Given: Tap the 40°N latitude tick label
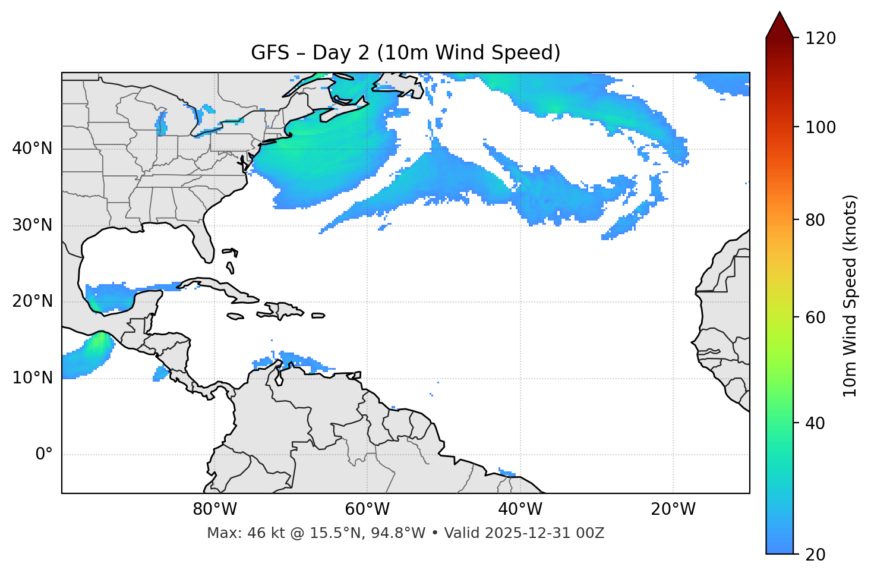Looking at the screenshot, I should [32, 149].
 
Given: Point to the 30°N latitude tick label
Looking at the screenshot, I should [32, 225].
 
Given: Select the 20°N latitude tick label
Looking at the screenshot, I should [32, 301].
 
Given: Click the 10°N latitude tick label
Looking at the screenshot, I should [32, 378].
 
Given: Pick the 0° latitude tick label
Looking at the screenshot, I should [44, 455].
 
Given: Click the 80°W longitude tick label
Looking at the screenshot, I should [214, 509].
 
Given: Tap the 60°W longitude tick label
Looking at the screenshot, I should [367, 509].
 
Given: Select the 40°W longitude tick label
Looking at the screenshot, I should [520, 509].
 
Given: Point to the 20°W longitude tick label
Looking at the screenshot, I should [673, 509].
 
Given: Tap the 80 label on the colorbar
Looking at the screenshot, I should [816, 220].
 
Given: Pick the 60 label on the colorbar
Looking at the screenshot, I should [816, 317].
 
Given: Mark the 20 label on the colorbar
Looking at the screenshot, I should [816, 555].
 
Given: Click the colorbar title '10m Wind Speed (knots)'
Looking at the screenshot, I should [850, 295].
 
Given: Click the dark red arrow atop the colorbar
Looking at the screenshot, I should [780, 26].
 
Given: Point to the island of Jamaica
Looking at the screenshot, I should [235, 317].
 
